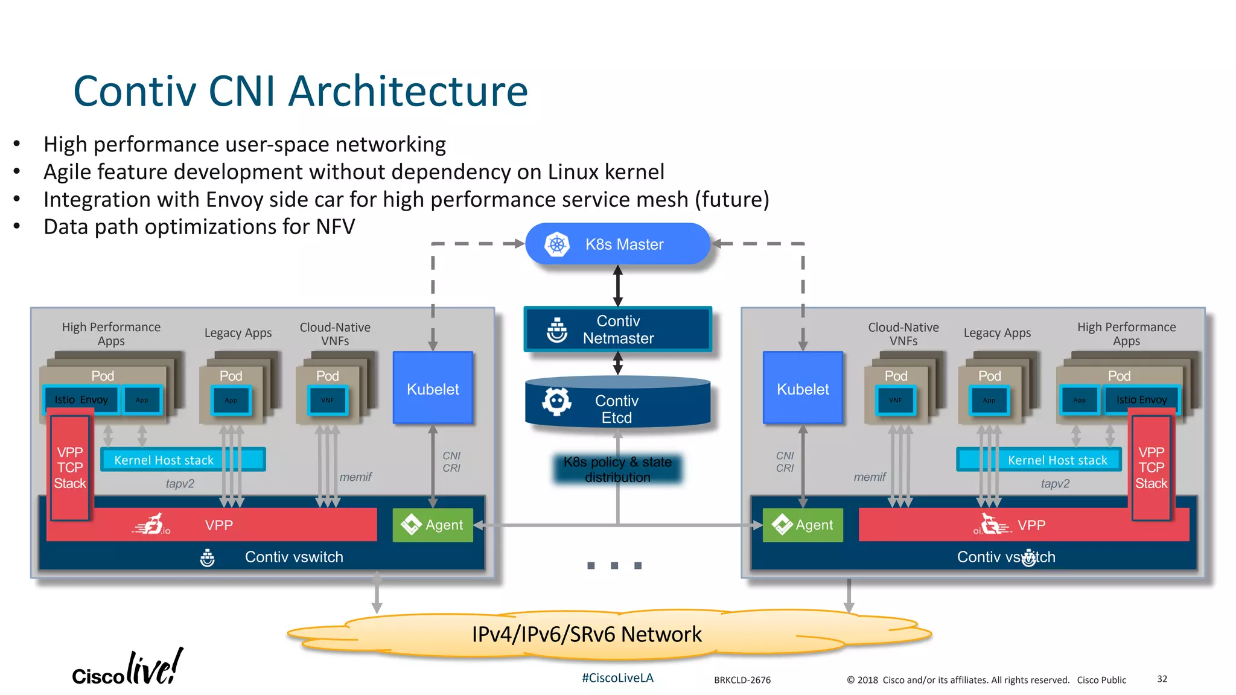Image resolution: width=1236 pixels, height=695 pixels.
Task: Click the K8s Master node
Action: coord(617,244)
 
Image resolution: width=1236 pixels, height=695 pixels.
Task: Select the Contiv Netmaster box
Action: coord(617,329)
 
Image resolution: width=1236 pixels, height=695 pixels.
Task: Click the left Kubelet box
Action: coord(433,389)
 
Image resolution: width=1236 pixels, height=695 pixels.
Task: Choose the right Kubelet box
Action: coord(803,389)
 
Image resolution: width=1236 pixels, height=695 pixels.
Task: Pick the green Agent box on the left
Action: coord(433,525)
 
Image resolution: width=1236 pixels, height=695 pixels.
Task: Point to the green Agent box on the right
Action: coord(803,525)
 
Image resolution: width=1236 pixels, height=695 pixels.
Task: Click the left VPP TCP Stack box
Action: coord(70,468)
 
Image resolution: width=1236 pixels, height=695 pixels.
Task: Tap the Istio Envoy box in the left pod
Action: coord(81,400)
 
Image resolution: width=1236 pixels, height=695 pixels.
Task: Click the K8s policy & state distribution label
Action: coord(617,469)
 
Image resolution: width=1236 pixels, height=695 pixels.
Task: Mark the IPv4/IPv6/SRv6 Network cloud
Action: coord(587,635)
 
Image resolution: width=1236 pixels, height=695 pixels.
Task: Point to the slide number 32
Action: coord(1162,679)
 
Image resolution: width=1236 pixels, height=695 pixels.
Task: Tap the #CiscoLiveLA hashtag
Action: coord(617,678)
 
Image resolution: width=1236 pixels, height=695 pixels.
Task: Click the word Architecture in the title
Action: coord(408,92)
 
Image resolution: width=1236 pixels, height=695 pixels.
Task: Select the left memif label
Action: coord(355,477)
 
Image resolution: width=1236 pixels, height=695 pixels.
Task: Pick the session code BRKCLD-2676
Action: coord(742,680)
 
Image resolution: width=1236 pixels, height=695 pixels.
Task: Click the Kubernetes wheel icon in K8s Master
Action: coord(557,244)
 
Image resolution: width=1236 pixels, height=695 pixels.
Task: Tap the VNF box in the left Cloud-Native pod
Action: coord(327,401)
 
